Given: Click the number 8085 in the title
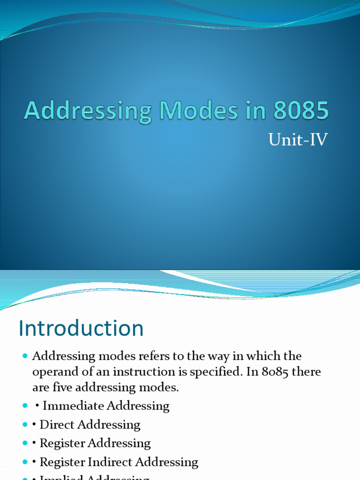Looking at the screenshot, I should (301, 111).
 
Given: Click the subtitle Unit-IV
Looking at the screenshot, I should (298, 140).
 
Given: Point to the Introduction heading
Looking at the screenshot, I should (81, 328).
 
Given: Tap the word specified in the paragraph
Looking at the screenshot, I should (212, 372).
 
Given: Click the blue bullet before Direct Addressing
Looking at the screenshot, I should (25, 425).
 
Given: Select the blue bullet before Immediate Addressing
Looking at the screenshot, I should (25, 406).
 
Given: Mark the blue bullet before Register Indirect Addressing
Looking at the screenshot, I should (25, 462).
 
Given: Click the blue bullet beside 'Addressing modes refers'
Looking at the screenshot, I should (25, 356).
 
